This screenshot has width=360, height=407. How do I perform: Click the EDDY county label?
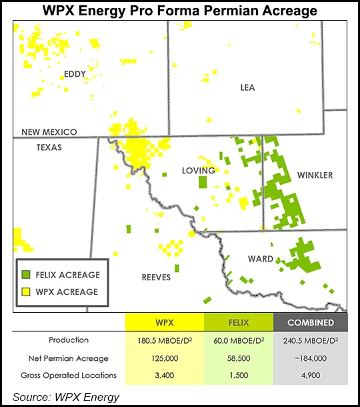click(75, 73)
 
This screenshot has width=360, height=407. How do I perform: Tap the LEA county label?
click(248, 87)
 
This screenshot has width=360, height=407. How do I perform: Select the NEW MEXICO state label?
click(49, 132)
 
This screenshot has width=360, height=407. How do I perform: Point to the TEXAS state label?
click(49, 147)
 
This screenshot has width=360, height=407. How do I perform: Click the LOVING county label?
click(199, 170)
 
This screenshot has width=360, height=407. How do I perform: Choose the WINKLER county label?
click(314, 175)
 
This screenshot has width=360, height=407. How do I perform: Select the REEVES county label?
click(156, 277)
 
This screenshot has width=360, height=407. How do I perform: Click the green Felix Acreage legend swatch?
click(26, 275)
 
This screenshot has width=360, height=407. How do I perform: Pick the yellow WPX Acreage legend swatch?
click(26, 292)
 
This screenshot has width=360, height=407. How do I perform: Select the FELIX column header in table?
click(241, 323)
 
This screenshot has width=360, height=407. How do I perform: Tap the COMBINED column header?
click(311, 323)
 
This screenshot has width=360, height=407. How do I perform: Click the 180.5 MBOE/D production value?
click(164, 340)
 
